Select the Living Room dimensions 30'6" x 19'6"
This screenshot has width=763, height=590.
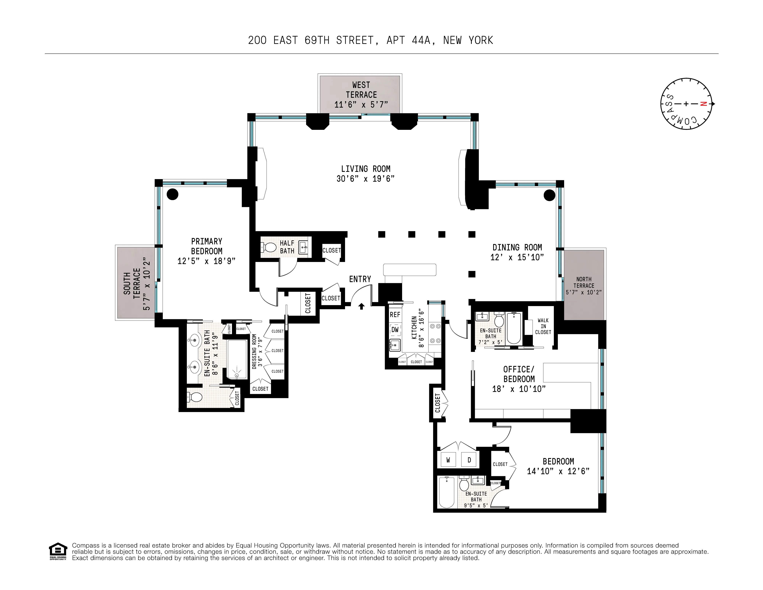(x=365, y=179)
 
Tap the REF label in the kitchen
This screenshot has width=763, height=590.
(x=395, y=315)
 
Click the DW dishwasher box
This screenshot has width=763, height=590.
(x=395, y=330)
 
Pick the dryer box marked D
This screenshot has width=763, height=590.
(x=469, y=460)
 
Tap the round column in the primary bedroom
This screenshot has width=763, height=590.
(x=172, y=194)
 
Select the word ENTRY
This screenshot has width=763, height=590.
(x=360, y=279)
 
